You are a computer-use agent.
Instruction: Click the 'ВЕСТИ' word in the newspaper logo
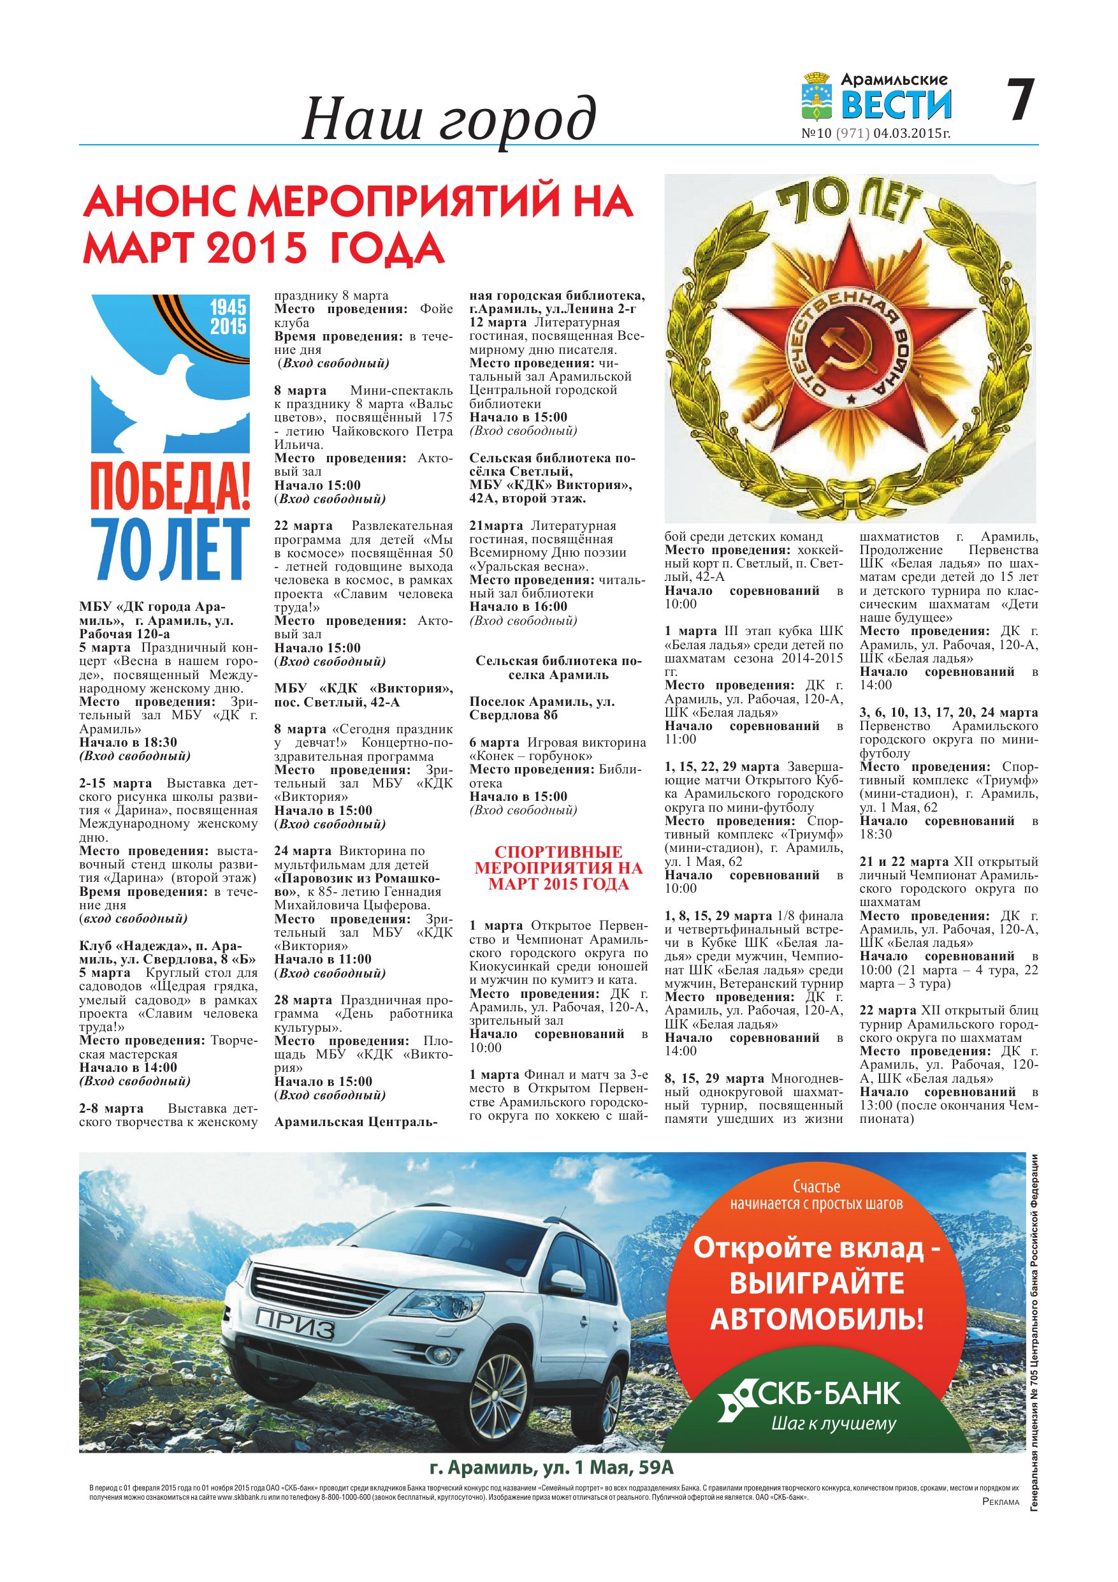(x=896, y=105)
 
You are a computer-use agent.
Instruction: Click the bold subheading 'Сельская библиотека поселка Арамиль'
(x=558, y=668)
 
